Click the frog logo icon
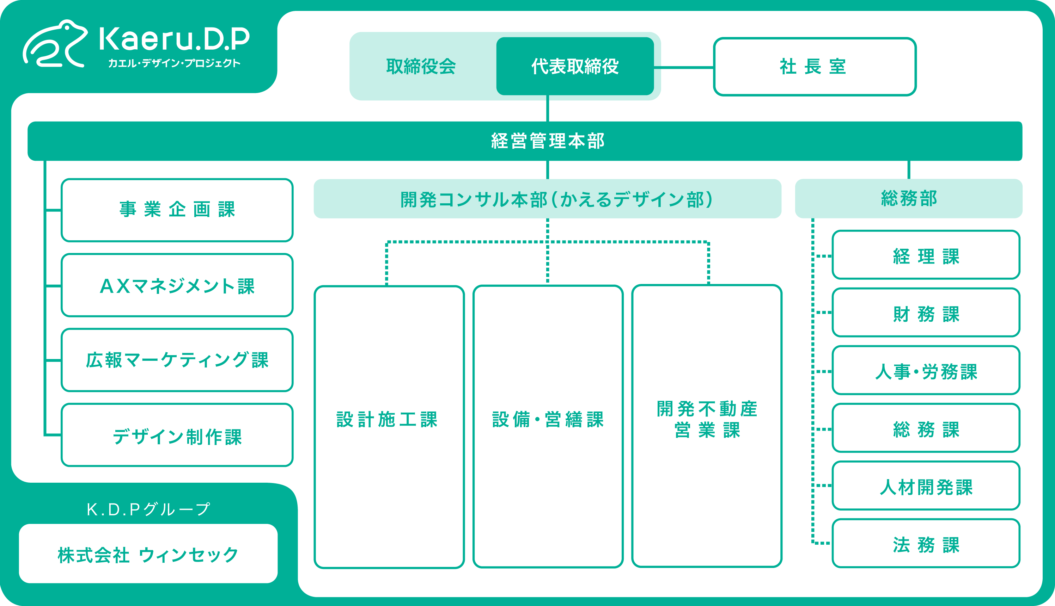55,44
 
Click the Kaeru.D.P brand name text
174,39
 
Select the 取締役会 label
421,67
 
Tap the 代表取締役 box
575,67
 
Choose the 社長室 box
814,67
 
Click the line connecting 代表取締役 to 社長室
683,67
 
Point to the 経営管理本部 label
548,141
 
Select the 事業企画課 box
177,210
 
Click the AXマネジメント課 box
177,285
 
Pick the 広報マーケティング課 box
177,360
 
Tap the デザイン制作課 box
177,435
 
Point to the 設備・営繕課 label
548,420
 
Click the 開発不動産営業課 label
707,420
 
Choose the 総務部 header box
908,198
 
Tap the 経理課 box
926,255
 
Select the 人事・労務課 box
926,370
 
